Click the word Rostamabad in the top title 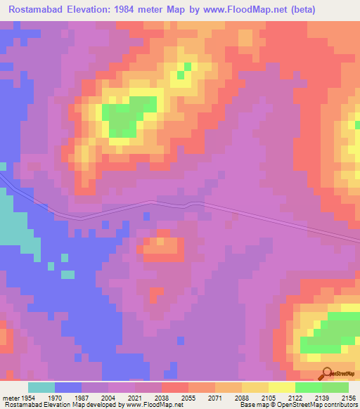coord(36,10)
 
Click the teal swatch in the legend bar coord(41,387)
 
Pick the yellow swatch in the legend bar coord(281,387)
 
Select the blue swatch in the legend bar coord(67,387)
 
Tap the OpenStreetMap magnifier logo coord(326,374)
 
